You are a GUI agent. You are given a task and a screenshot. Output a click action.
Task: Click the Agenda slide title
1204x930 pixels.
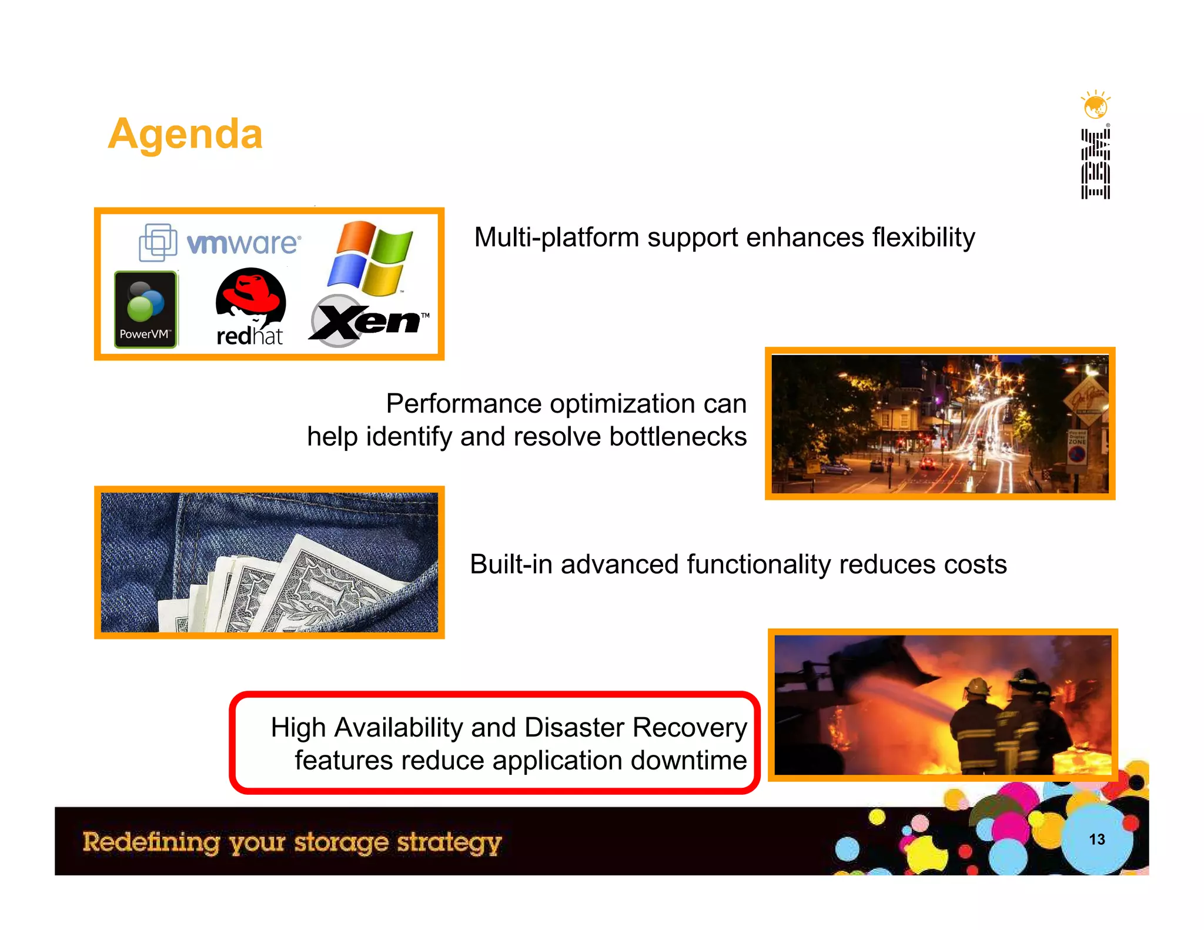point(185,134)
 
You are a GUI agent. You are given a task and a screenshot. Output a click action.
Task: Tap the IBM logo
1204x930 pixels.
point(1095,164)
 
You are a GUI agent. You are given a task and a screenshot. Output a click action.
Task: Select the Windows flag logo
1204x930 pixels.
point(370,258)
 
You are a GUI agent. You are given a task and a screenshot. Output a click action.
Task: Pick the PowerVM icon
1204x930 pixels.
point(145,309)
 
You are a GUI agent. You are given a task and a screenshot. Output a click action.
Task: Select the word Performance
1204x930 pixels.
point(464,404)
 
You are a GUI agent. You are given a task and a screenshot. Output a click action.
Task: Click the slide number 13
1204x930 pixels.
point(1096,839)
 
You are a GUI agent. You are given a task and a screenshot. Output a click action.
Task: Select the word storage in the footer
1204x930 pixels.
point(341,842)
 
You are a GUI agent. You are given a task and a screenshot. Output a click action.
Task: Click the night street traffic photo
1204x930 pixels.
point(939,424)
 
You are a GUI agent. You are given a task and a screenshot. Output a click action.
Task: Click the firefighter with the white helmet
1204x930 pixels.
point(977,723)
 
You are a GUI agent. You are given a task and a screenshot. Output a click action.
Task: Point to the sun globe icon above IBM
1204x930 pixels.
point(1095,106)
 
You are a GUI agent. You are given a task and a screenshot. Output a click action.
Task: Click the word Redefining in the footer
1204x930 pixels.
point(151,842)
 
